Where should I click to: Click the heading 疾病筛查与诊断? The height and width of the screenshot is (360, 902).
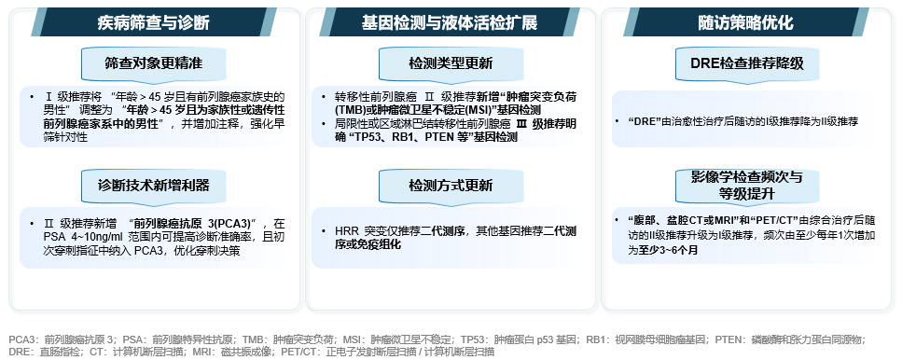[153, 22]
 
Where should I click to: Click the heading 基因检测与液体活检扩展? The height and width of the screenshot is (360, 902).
[450, 22]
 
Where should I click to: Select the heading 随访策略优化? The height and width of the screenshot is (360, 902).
[746, 22]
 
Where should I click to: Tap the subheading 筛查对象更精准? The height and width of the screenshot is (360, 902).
[154, 62]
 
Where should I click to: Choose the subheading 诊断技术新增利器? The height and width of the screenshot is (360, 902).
[154, 184]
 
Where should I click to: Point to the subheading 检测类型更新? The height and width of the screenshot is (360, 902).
[451, 62]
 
